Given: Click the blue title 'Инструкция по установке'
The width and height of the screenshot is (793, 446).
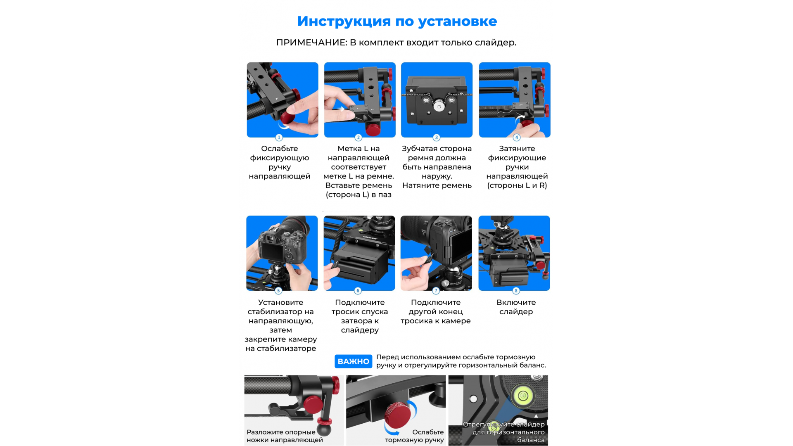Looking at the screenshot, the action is tap(397, 21).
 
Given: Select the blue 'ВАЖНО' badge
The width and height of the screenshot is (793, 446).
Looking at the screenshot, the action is tap(353, 361).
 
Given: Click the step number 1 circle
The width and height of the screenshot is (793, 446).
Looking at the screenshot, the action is tap(279, 138).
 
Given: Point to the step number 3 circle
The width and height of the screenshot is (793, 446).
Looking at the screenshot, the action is tap(437, 138).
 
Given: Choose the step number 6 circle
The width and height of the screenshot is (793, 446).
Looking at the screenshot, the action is tap(358, 291).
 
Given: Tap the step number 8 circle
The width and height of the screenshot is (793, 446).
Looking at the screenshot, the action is tap(516, 291).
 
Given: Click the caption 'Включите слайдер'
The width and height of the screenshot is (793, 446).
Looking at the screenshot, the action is tap(516, 307).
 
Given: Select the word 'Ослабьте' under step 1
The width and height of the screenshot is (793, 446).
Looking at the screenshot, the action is tap(280, 149).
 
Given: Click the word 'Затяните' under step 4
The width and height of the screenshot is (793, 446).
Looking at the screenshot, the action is tap(517, 149).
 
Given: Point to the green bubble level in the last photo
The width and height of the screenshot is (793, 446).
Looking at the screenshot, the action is tap(523, 396).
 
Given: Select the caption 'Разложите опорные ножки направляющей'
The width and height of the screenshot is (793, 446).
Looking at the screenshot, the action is tap(285, 436).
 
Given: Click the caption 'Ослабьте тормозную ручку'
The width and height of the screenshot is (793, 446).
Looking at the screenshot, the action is tap(414, 436).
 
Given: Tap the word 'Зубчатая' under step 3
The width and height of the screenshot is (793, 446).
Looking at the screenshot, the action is tap(420, 149).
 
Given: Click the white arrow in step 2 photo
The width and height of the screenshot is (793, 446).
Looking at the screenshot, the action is tap(341, 109).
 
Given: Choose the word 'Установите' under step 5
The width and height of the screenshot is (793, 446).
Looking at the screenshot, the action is tap(281, 303).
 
